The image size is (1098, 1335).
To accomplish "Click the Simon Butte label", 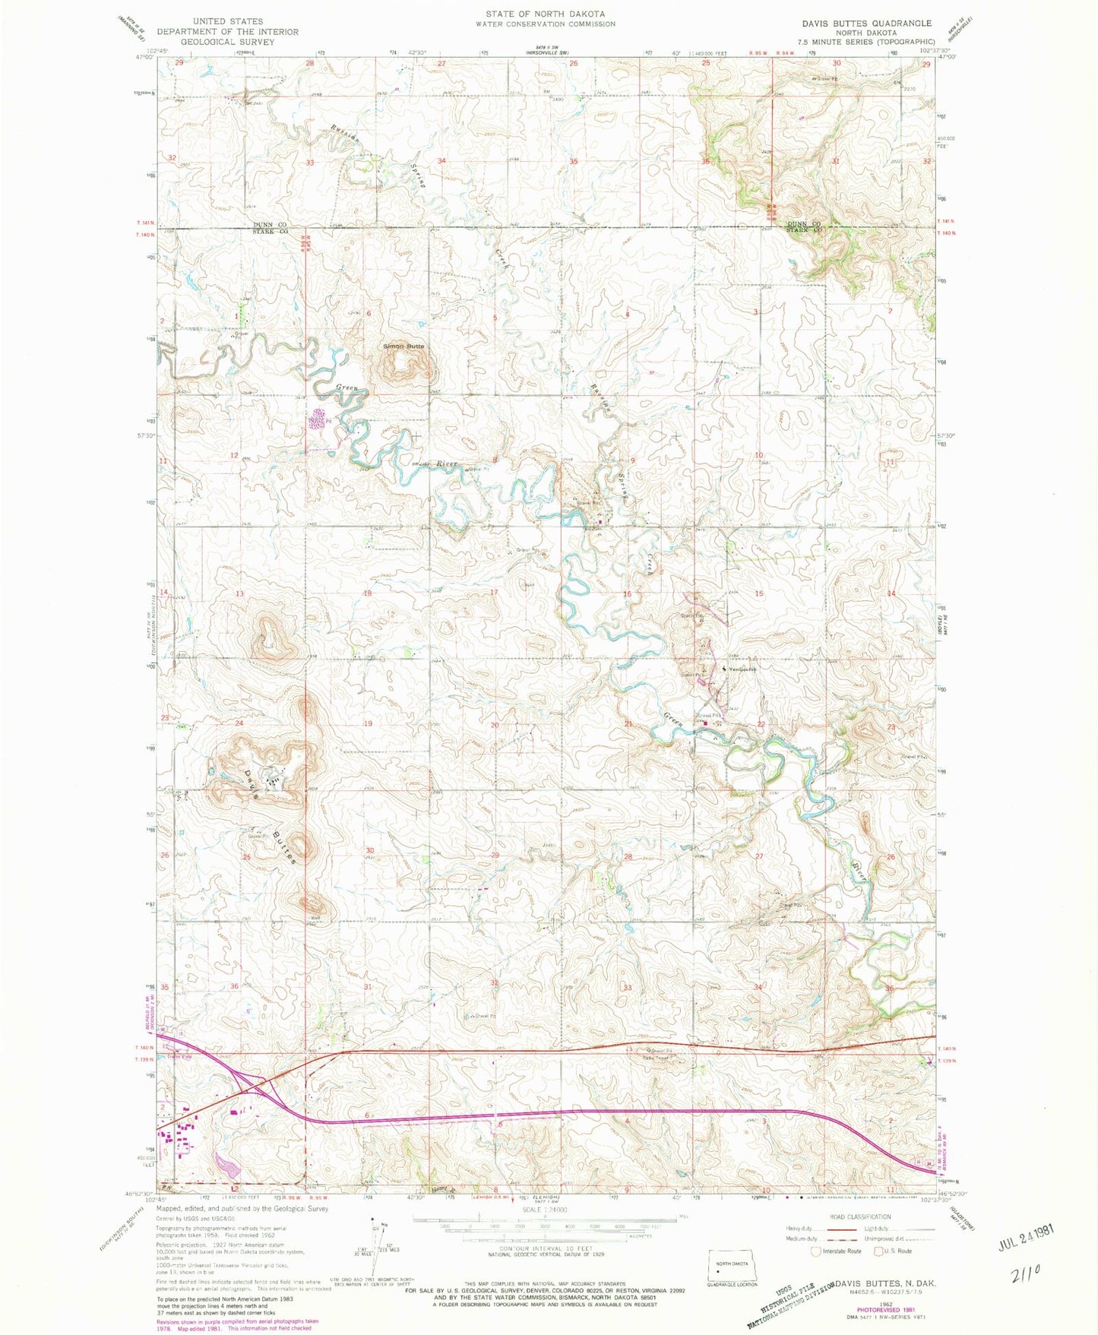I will tap(403, 346).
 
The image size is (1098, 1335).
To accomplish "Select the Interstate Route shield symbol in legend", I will tap(817, 1251).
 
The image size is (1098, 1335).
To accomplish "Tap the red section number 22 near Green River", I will tap(761, 724).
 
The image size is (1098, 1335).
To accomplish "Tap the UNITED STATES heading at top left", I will tap(227, 21).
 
